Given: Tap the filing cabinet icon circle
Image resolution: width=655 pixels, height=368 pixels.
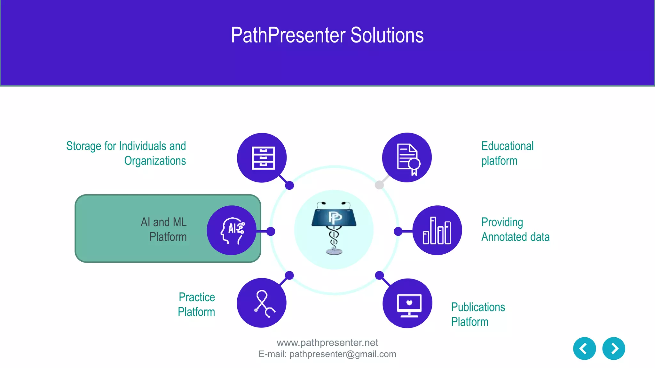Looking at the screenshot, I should coord(262,158).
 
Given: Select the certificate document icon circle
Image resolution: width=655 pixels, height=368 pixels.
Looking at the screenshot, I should coord(407,157).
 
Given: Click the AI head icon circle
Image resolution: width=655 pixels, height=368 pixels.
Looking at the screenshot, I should coord(232,230).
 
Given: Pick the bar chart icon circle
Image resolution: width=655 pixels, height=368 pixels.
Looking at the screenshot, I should coord(437,230).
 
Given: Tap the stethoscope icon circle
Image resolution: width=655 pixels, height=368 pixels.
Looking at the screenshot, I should coord(262,303).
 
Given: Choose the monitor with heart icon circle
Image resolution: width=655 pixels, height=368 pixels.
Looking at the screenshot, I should coord(407,303).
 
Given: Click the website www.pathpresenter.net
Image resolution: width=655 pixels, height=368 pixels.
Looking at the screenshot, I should coord(327,343).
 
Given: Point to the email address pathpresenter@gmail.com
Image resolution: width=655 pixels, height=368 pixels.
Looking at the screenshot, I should coord(343,354).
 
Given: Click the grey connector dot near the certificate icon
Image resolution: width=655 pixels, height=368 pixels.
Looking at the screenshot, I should coord(379,185).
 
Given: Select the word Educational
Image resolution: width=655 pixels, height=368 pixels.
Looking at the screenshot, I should coord(507,146).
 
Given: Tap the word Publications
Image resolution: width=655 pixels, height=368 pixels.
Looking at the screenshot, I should coord(478,307).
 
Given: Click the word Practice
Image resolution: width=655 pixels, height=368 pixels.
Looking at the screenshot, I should coord(197,297).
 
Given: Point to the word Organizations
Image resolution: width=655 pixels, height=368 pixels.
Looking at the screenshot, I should coord(155,161).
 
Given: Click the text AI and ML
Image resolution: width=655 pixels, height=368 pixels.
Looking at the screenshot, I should coord(163,222).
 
